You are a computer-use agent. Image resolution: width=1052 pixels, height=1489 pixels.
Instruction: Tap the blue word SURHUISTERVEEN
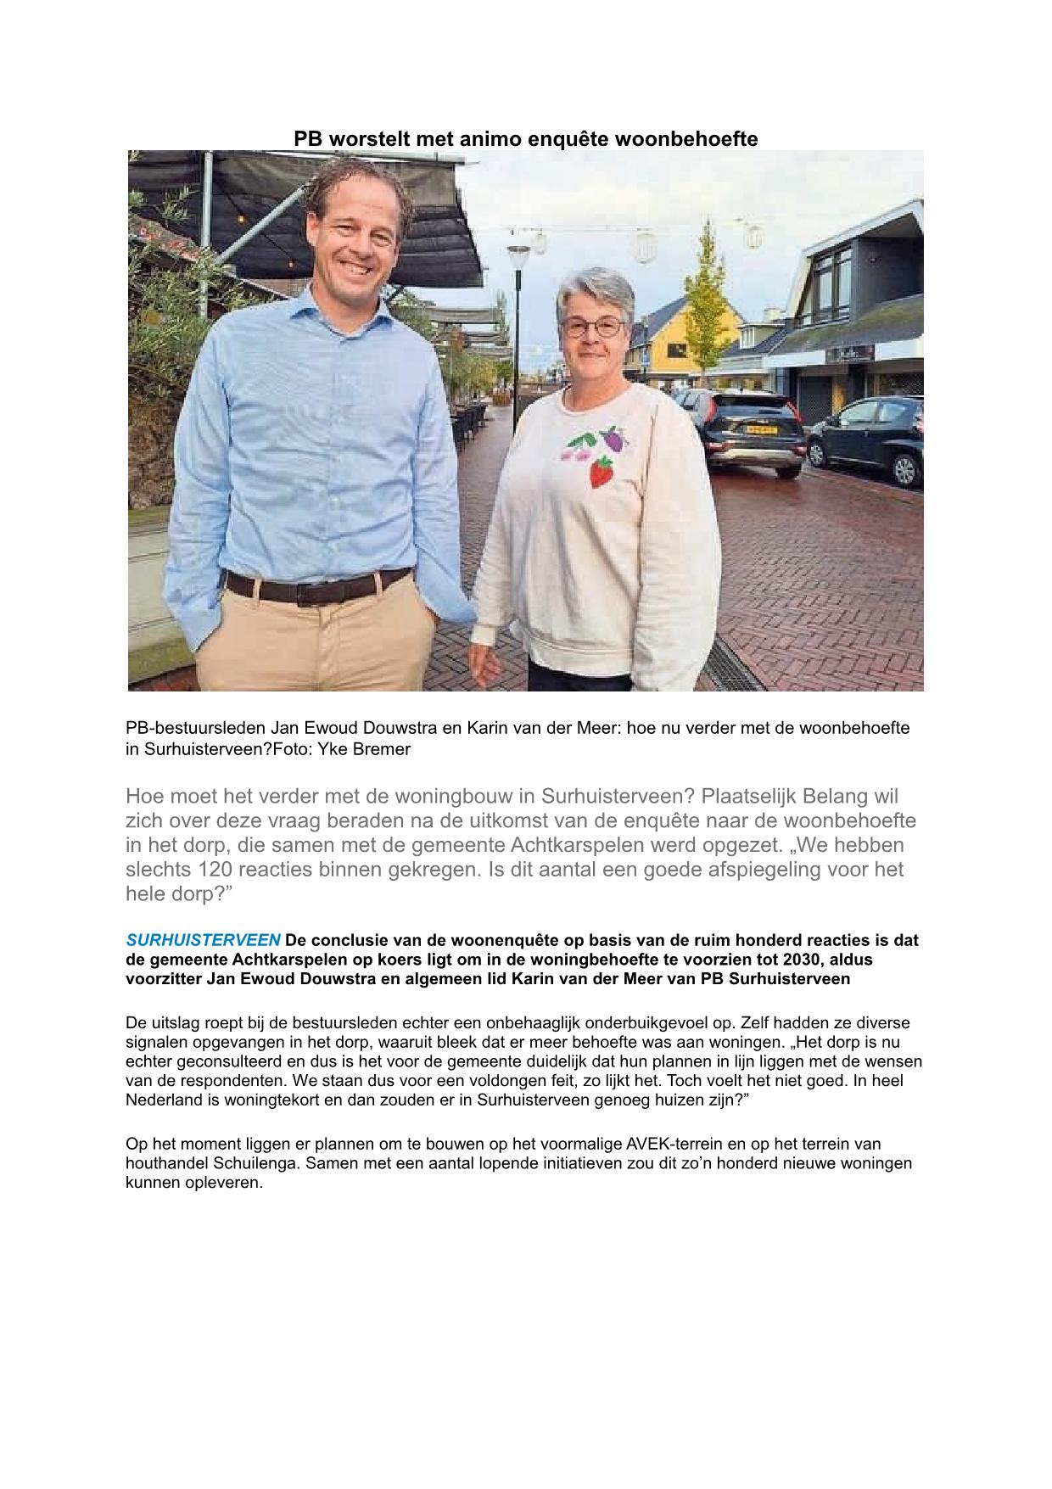click(x=203, y=940)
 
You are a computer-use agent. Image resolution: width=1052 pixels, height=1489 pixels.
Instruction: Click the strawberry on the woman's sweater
click(x=602, y=472)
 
